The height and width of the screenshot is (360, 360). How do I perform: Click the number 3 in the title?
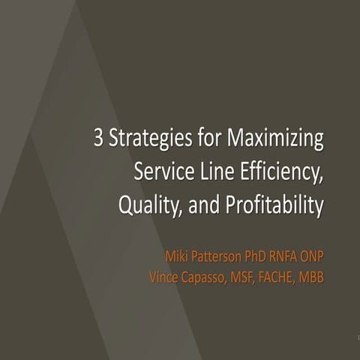pos(99,139)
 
